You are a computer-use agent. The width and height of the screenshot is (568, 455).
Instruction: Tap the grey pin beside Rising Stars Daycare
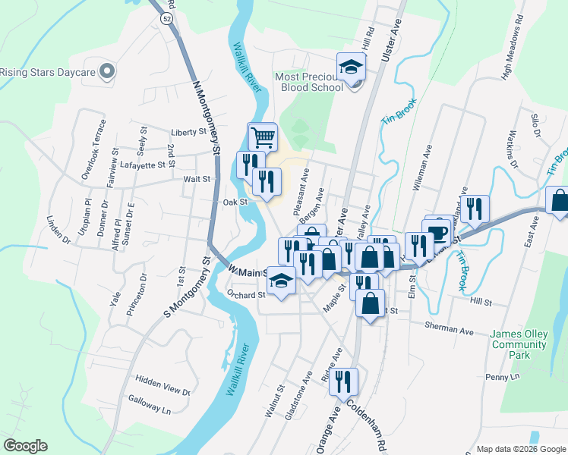point(106,72)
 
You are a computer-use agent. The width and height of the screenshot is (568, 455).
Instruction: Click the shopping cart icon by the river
point(262,138)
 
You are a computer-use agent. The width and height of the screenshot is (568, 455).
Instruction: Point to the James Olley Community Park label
point(519,344)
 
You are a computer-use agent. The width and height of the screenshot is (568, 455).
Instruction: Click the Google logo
point(26,445)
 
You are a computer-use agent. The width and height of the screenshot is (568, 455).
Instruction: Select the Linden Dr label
point(58,231)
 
